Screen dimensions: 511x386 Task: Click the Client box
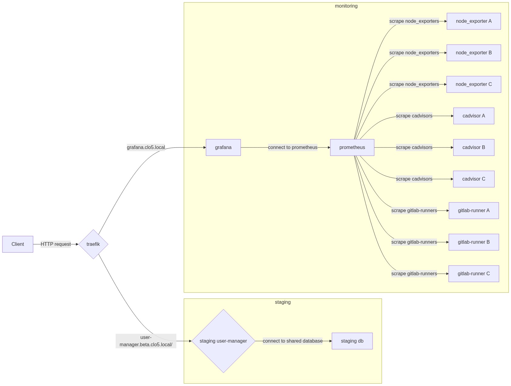click(18, 244)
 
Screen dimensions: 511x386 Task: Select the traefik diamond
click(93, 244)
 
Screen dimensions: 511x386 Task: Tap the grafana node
click(223, 147)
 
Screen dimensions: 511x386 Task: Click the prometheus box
click(352, 147)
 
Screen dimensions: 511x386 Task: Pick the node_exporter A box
click(474, 21)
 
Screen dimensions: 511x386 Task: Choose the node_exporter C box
click(474, 84)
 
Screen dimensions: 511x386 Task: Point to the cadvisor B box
click(474, 147)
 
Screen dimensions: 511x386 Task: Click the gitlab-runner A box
click(474, 211)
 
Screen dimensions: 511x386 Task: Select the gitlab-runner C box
click(474, 274)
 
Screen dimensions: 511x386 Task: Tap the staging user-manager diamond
click(223, 341)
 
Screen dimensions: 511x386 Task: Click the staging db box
click(352, 341)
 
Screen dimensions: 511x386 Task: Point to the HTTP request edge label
click(56, 244)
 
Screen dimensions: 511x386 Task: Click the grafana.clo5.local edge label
click(146, 147)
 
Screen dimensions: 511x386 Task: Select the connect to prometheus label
click(293, 147)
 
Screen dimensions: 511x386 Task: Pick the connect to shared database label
click(293, 341)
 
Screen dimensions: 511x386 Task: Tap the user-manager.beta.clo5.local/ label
click(146, 341)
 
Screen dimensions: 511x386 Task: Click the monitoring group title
click(346, 6)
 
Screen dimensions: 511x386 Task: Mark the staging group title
click(283, 302)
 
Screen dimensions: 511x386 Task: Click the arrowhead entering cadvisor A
click(452, 116)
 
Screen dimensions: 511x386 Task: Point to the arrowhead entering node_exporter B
click(445, 53)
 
